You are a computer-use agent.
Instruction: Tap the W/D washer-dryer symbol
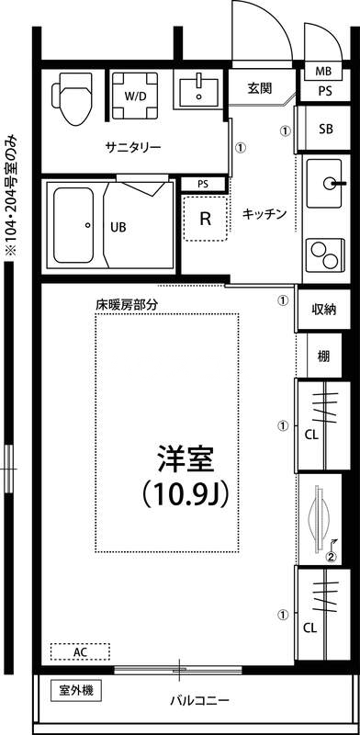pyautogui.click(x=133, y=95)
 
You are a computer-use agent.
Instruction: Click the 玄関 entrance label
pyautogui.click(x=260, y=89)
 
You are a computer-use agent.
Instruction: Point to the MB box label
pyautogui.click(x=323, y=71)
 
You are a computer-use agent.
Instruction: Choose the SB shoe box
pyautogui.click(x=325, y=128)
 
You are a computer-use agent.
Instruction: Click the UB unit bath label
pyautogui.click(x=119, y=226)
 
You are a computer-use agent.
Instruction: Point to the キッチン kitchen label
pyautogui.click(x=264, y=214)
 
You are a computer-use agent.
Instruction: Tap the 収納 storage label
pyautogui.click(x=323, y=310)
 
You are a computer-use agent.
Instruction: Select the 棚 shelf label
pyautogui.click(x=323, y=356)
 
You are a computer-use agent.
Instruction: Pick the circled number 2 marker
pyautogui.click(x=332, y=555)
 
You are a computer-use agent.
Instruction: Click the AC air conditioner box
pyautogui.click(x=80, y=651)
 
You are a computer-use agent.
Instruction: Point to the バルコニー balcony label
pyautogui.click(x=198, y=701)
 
